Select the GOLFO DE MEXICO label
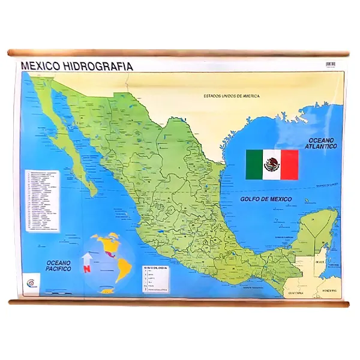click(266, 199)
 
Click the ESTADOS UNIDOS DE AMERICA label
click(231, 96)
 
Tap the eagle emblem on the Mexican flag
click(272, 164)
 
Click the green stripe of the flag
click(254, 164)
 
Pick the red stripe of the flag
click(290, 164)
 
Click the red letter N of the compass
click(86, 269)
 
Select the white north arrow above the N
click(86, 258)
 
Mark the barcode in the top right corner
click(331, 64)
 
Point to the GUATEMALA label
click(296, 293)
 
